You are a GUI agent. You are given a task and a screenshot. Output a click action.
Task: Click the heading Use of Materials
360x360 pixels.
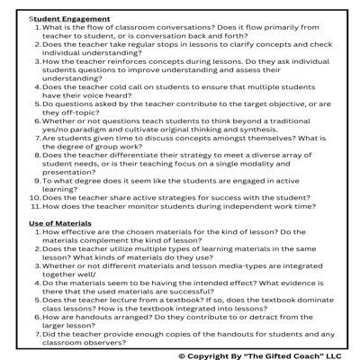point(60,222)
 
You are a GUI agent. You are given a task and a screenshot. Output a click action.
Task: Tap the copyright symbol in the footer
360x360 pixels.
point(183,355)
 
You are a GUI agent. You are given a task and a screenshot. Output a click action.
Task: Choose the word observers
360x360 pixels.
point(114,343)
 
